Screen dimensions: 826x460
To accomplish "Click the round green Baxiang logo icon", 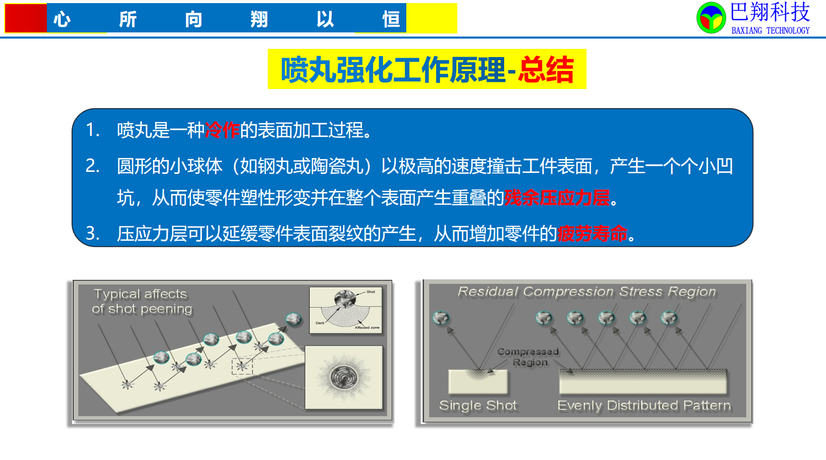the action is [711, 17].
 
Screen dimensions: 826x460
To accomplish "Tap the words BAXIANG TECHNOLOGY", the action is [770, 30].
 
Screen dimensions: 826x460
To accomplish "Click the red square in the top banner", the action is [26, 18].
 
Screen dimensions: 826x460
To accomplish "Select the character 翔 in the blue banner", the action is [259, 19].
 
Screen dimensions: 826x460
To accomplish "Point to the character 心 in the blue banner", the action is [62, 19].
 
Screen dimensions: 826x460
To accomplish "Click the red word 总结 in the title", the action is [546, 69].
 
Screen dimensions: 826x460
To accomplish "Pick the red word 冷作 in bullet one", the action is [222, 130].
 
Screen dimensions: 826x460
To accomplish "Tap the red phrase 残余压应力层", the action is [557, 198].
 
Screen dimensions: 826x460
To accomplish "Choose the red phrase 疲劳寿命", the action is [592, 233].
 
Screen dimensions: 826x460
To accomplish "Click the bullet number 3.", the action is [92, 233].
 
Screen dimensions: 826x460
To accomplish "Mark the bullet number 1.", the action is [92, 130].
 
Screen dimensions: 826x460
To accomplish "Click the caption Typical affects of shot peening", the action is [142, 302].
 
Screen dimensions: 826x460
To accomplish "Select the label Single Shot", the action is [478, 405].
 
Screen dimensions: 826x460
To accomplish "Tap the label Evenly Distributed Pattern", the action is [644, 405].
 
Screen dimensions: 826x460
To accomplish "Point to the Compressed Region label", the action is [528, 357].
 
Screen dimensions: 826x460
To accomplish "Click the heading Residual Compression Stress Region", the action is [587, 292].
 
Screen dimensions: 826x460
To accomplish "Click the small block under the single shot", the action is [478, 381].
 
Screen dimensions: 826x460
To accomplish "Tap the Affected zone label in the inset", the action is [367, 327].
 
